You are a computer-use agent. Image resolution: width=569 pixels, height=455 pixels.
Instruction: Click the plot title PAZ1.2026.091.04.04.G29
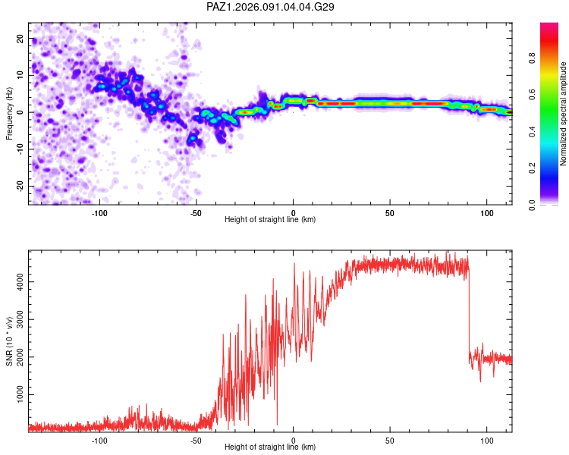(271, 7)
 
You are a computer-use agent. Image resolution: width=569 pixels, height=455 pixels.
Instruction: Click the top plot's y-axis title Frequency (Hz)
(10, 113)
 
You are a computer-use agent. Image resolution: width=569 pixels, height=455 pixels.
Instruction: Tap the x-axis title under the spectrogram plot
(270, 219)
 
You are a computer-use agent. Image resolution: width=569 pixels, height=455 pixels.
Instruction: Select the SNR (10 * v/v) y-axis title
(10, 340)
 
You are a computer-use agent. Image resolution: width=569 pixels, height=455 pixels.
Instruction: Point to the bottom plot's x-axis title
(270, 447)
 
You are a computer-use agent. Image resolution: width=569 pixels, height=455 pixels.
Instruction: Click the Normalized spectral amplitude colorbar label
(564, 114)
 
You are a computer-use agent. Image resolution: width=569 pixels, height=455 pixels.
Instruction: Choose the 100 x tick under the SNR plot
(486, 439)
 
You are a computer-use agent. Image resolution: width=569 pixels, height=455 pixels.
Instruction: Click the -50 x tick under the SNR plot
(196, 439)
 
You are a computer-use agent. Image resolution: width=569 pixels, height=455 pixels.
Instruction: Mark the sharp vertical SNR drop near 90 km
(469, 311)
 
